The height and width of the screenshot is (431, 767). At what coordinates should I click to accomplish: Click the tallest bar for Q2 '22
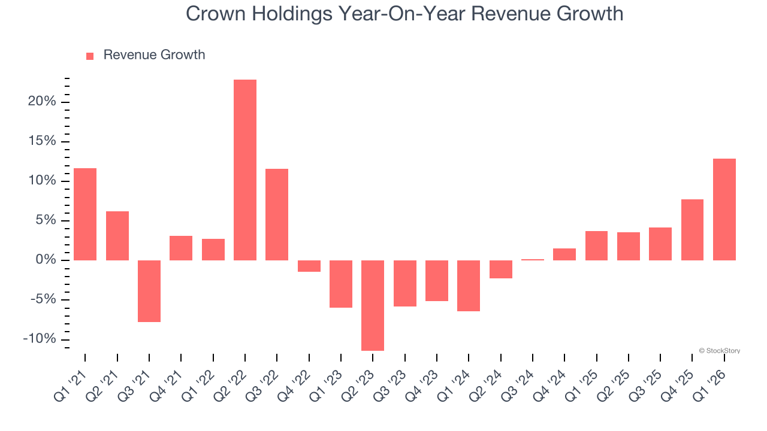coord(245,170)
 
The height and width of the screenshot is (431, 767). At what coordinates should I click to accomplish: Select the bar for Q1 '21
coord(85,214)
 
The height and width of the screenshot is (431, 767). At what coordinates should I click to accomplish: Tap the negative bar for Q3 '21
coord(149,291)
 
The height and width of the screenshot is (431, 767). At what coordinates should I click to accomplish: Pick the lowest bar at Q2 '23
coord(373,305)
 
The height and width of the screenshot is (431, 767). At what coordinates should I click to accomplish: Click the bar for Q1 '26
coord(724,210)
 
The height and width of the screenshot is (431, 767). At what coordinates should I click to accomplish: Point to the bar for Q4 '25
coord(692,230)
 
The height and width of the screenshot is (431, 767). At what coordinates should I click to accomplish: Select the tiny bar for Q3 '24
coord(533,260)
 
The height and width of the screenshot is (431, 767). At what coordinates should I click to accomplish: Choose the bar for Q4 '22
coord(309,266)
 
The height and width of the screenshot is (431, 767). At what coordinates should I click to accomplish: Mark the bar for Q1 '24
coord(469,286)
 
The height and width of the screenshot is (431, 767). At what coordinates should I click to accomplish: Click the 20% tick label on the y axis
coord(42,102)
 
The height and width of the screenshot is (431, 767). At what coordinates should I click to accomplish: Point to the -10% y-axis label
coord(40,339)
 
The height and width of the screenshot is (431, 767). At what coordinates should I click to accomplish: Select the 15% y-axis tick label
coord(42,141)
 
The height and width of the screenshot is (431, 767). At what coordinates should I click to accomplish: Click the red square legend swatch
coord(90,56)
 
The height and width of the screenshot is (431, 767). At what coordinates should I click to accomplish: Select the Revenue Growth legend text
coord(154,55)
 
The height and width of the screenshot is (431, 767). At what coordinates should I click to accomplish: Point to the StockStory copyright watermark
coord(719,351)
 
